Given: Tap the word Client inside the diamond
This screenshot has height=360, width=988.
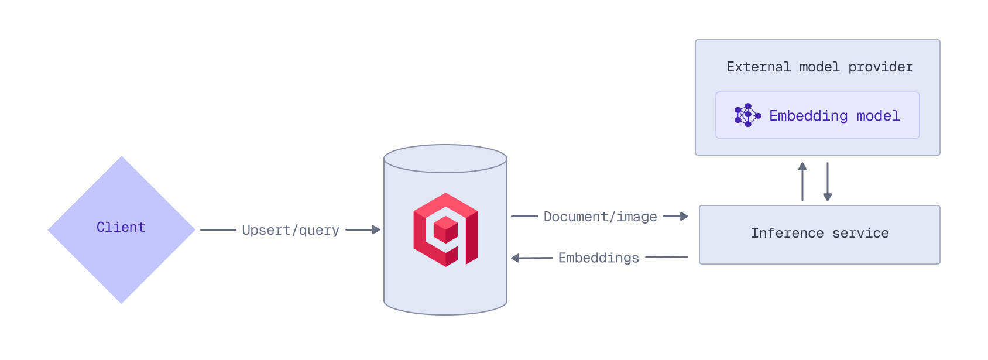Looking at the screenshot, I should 121,227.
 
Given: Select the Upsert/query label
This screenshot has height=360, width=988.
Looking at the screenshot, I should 290,230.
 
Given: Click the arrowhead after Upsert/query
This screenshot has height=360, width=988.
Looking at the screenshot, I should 376,230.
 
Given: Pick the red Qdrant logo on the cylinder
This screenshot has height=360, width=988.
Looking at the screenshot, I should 445,229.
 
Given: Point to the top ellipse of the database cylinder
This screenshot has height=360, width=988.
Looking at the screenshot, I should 445,159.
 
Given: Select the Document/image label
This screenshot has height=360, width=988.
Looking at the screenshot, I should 600,217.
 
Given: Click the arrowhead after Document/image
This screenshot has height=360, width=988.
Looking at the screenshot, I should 684,217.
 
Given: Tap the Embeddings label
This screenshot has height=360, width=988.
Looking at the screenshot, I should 598,258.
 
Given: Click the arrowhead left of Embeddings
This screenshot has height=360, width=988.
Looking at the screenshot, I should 516,258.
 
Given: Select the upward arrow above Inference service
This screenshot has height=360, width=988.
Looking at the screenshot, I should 802,181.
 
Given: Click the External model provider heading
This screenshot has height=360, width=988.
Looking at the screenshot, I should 819,67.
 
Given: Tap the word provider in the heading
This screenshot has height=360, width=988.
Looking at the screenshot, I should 880,67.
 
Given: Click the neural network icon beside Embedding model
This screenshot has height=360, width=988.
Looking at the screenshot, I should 747,115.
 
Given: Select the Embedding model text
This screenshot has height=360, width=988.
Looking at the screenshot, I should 834,116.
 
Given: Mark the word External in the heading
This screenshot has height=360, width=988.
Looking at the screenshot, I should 759,67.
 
